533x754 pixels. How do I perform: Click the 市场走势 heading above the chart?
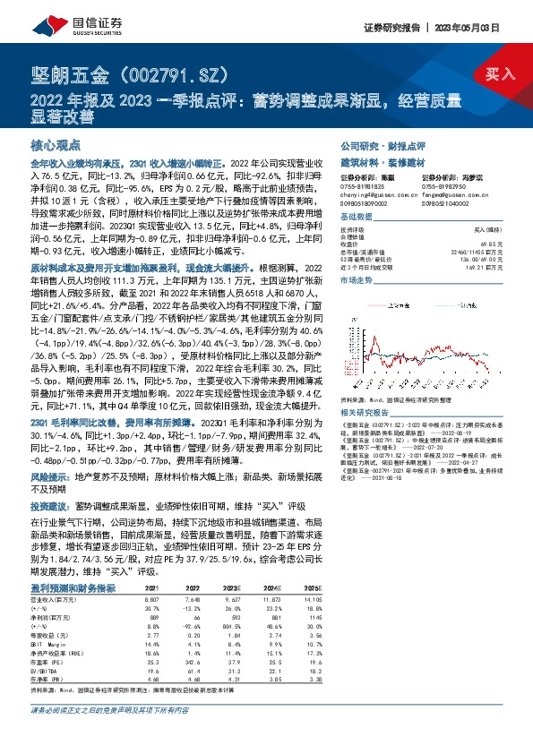pyautogui.click(x=356, y=279)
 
